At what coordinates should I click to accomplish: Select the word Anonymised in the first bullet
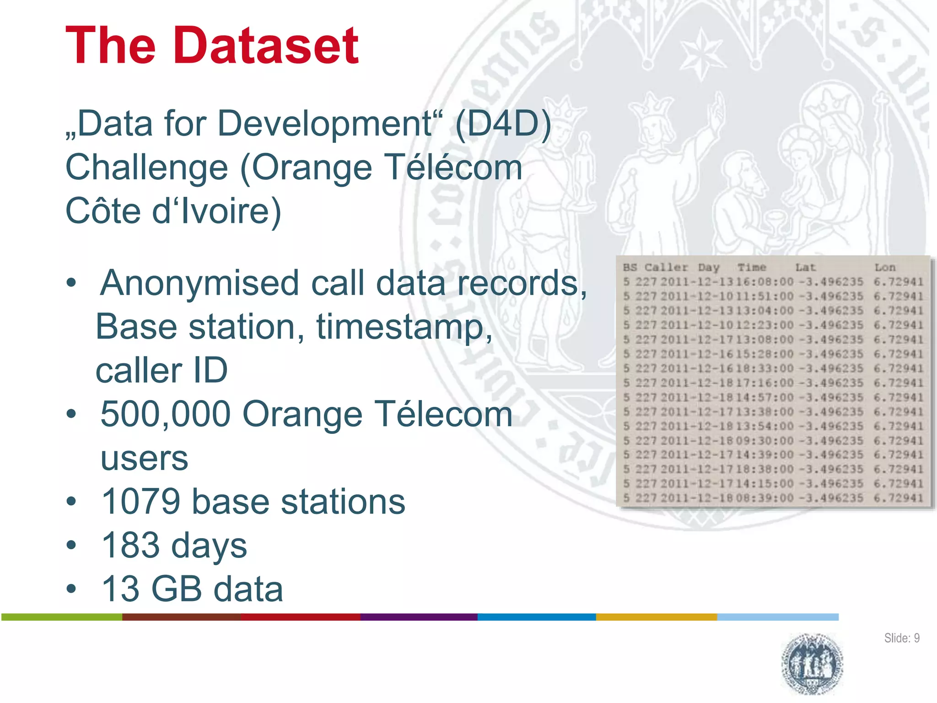[x=199, y=283]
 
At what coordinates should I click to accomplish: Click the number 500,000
[x=165, y=414]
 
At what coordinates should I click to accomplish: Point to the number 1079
[x=140, y=502]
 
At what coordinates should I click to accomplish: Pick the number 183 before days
[x=129, y=546]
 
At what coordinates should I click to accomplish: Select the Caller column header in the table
[x=666, y=267]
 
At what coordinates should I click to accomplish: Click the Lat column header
[x=805, y=267]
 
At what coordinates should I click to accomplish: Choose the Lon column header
[x=885, y=267]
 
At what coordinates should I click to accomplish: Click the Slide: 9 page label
[x=901, y=638]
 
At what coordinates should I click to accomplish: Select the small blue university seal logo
[x=812, y=664]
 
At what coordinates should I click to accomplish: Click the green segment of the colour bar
[x=62, y=617]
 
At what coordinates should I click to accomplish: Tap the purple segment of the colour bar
[x=419, y=617]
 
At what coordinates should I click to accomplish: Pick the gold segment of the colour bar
[x=656, y=617]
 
